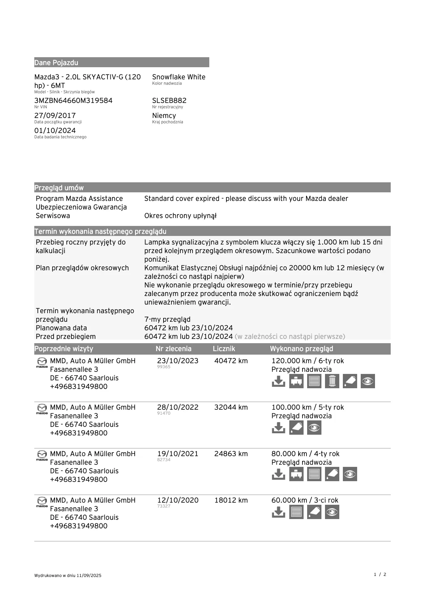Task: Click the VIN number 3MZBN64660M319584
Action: click(73, 100)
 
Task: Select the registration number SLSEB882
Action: click(169, 100)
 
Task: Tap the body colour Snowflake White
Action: click(179, 77)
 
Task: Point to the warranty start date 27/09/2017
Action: click(55, 115)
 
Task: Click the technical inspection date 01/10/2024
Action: click(55, 130)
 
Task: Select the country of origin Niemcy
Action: click(164, 115)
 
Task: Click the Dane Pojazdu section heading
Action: click(56, 63)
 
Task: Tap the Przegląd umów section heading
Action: click(59, 188)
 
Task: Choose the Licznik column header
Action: click(224, 349)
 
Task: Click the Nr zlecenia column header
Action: click(174, 349)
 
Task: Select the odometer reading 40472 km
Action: click(231, 361)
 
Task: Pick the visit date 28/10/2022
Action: click(177, 407)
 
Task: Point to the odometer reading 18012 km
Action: click(231, 500)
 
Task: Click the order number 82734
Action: click(164, 460)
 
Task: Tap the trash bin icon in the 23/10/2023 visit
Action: click(332, 381)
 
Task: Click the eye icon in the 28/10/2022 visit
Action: click(314, 428)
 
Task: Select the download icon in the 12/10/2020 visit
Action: click(279, 512)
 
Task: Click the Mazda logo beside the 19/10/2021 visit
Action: click(42, 455)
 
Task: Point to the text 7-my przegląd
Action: click(167, 319)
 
